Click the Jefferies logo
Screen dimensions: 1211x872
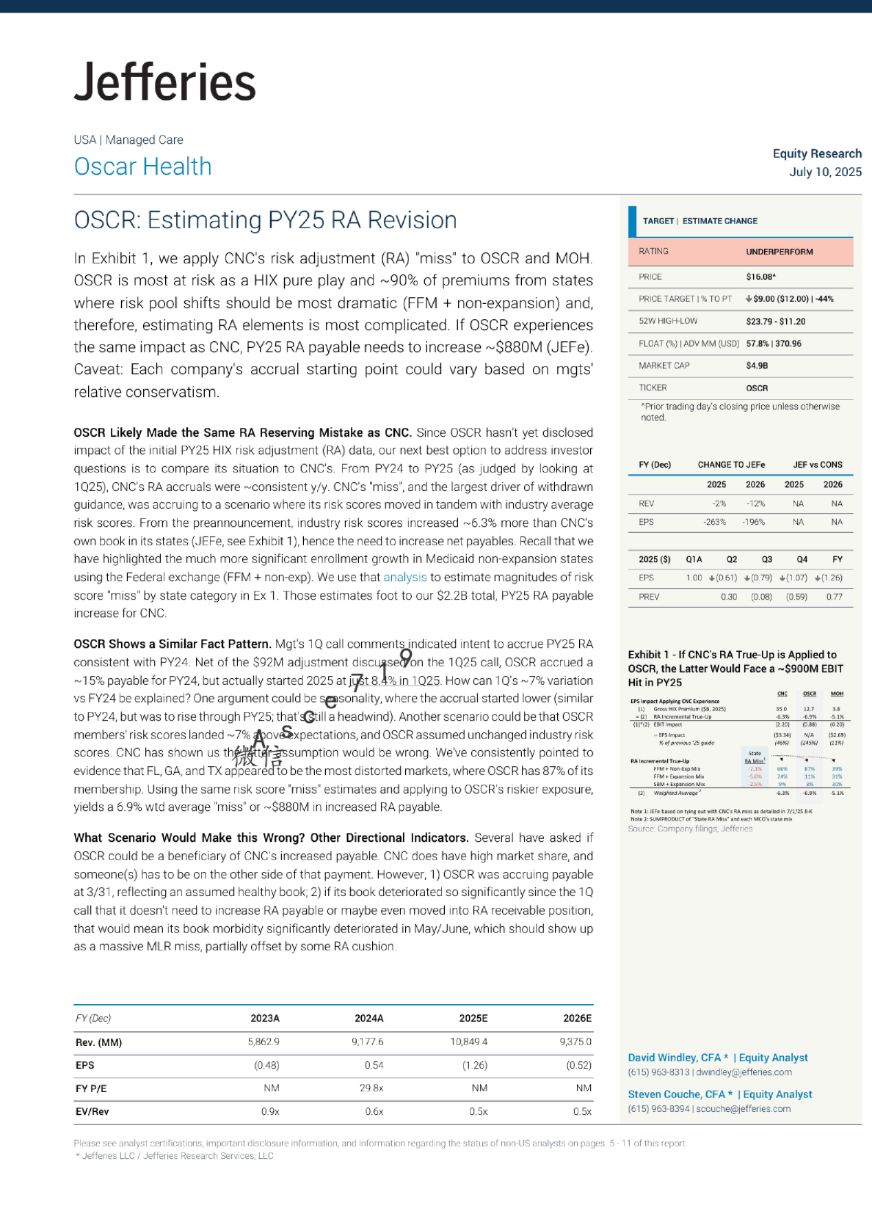coord(165,81)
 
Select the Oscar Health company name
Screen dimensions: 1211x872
coord(142,167)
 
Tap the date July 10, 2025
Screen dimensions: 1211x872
coord(825,172)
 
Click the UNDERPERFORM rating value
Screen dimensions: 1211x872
coord(779,252)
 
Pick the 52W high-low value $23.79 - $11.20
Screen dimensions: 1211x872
coord(775,321)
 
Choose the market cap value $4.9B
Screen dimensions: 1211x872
coord(757,366)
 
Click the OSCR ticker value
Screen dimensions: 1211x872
coord(757,388)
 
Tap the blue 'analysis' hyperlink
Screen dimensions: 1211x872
coord(404,578)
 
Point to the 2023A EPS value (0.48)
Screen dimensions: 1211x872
coord(266,1065)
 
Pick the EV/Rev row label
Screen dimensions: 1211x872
coord(92,1111)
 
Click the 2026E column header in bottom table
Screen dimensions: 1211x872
coord(577,1018)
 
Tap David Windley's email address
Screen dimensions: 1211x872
coord(744,1072)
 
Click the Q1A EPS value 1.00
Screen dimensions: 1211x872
coord(694,578)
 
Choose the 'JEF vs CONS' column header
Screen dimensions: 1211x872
coord(817,465)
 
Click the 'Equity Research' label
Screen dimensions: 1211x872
coord(817,153)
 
